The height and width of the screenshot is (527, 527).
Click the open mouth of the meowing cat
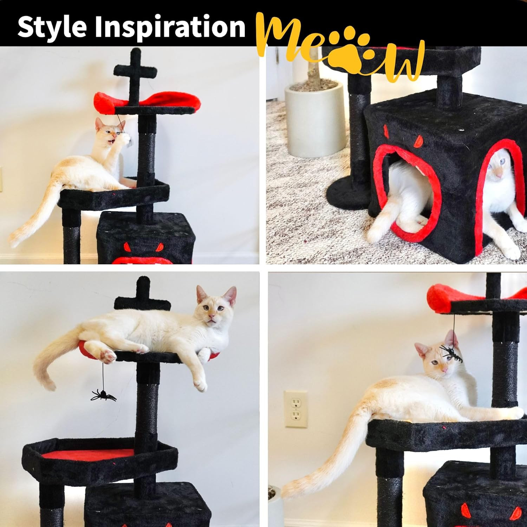click(112, 142)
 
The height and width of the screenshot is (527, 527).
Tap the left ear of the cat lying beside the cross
click(201, 294)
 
